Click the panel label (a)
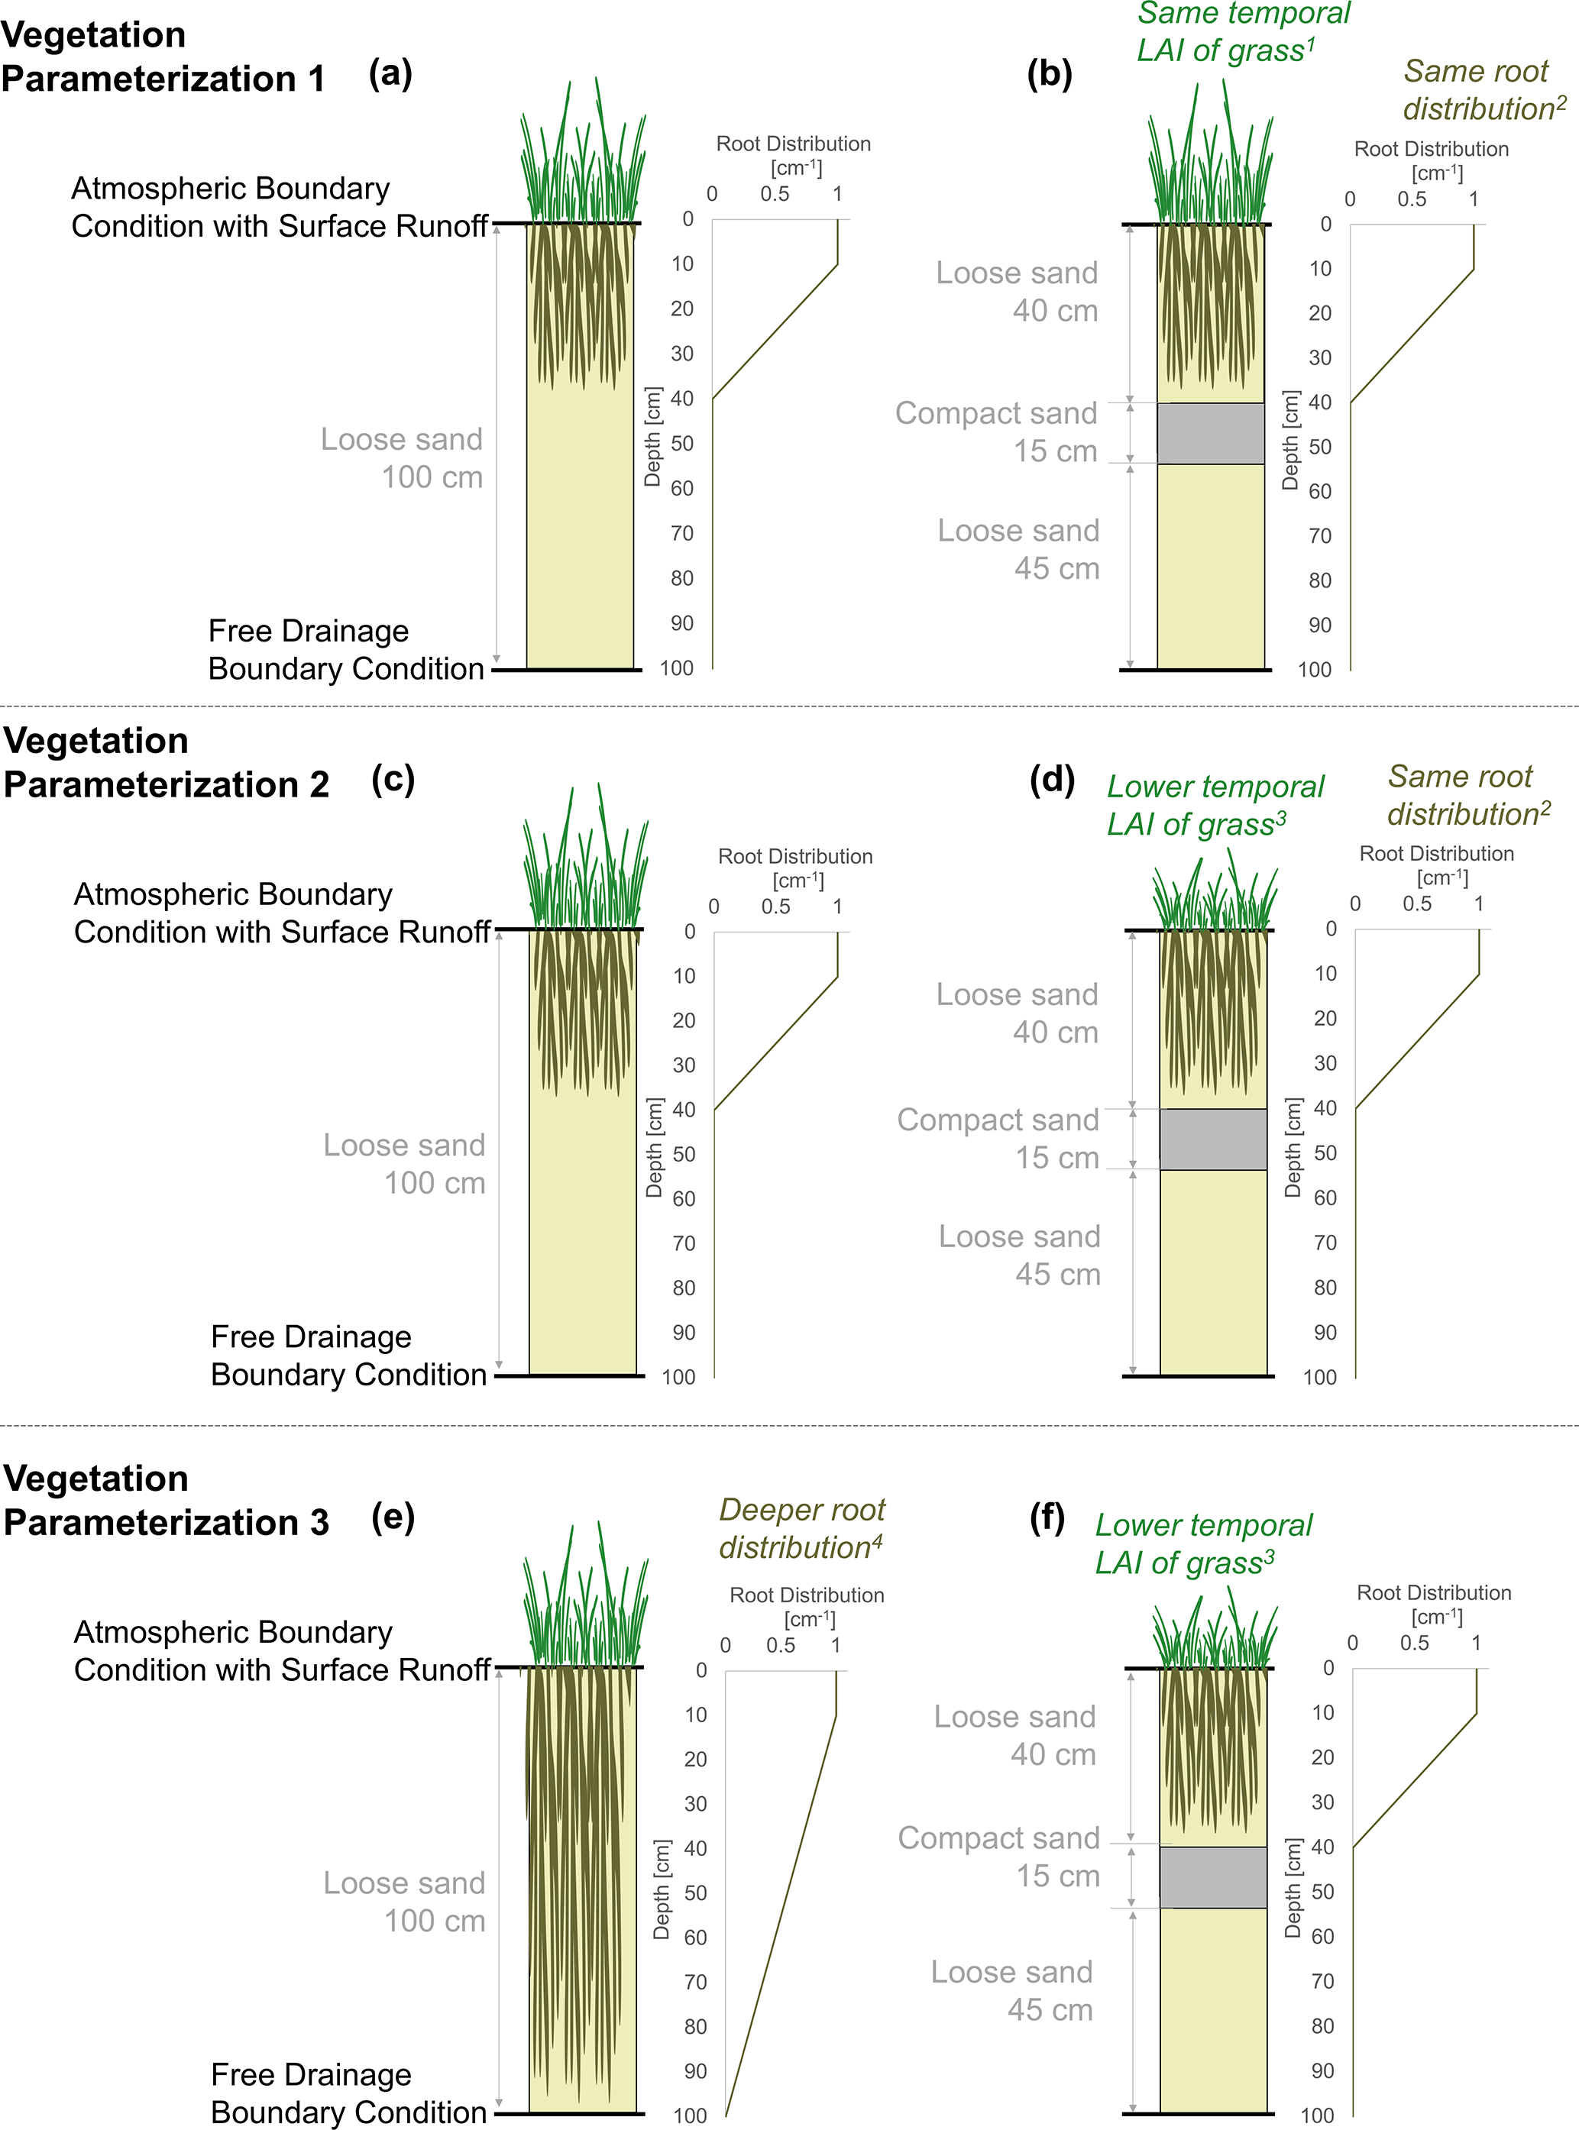point(390,73)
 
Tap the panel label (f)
point(1047,1518)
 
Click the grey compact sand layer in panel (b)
point(1211,433)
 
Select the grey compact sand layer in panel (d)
point(1214,1139)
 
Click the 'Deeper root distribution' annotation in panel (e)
point(802,1528)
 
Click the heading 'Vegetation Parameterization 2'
point(167,762)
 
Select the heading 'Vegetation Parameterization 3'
point(167,1500)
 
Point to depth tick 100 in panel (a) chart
point(677,668)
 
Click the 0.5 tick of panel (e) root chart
point(781,1644)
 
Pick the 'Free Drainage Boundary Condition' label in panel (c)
point(349,1355)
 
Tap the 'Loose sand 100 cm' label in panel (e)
point(404,1902)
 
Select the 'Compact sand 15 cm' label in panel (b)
point(997,432)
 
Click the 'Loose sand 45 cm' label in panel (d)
point(1020,1255)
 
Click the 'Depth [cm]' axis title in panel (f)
point(1293,1887)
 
